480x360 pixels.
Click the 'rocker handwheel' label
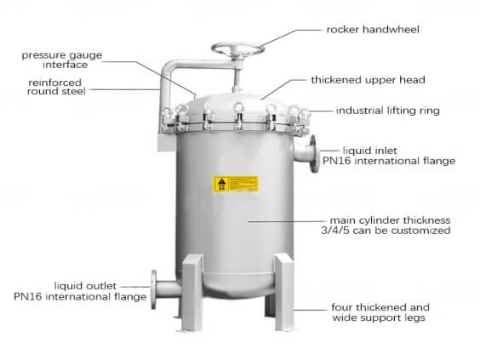[373, 30]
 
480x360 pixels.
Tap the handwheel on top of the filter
[237, 49]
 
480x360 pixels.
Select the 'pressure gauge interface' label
[62, 60]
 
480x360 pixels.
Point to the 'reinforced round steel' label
[56, 87]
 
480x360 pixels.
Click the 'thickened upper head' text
[368, 80]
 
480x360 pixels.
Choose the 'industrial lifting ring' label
[387, 111]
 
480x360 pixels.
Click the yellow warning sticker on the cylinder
[236, 184]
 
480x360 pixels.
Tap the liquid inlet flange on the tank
[313, 154]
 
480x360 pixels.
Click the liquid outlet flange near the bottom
[154, 289]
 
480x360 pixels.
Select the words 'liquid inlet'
[370, 151]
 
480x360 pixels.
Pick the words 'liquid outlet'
[85, 286]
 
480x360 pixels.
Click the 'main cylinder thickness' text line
[390, 220]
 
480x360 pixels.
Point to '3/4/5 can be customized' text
[386, 231]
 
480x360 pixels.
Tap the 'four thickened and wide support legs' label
[380, 312]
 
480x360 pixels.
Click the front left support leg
[192, 293]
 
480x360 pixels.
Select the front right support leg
[284, 292]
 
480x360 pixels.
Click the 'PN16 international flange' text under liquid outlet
[80, 297]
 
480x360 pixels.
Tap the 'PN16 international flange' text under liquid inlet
[389, 161]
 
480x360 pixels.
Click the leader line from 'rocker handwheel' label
[290, 37]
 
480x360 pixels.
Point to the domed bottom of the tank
[238, 286]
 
